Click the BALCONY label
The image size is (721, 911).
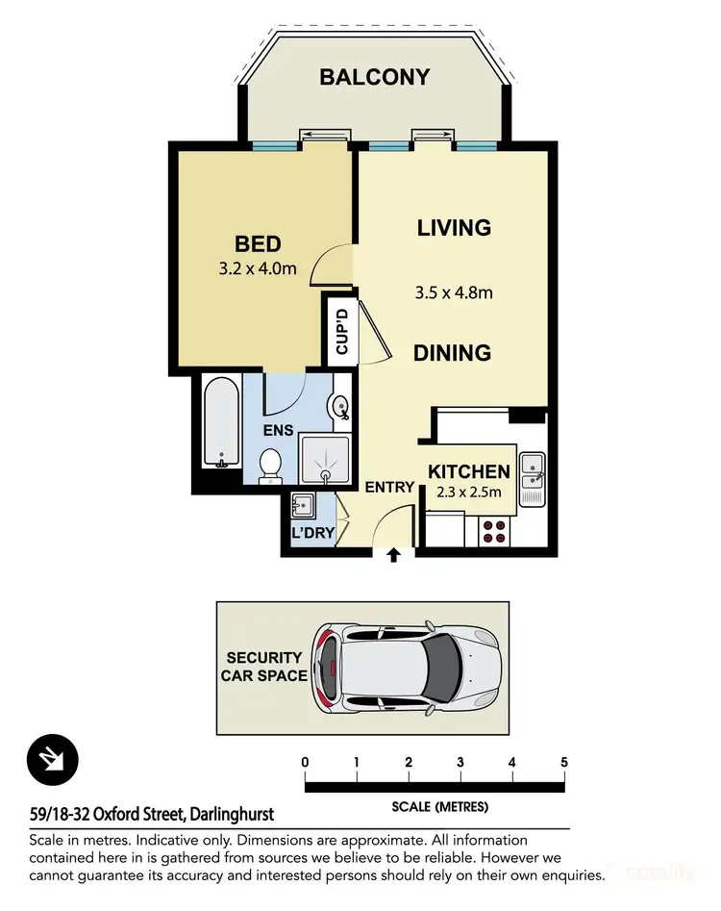[374, 77]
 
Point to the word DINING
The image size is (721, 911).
[452, 353]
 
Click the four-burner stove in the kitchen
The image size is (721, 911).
[493, 531]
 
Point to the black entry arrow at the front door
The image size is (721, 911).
[392, 555]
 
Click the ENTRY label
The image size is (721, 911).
[389, 488]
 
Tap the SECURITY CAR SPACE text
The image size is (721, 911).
[264, 666]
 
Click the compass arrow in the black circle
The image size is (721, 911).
[53, 760]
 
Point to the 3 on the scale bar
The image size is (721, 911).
[460, 762]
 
